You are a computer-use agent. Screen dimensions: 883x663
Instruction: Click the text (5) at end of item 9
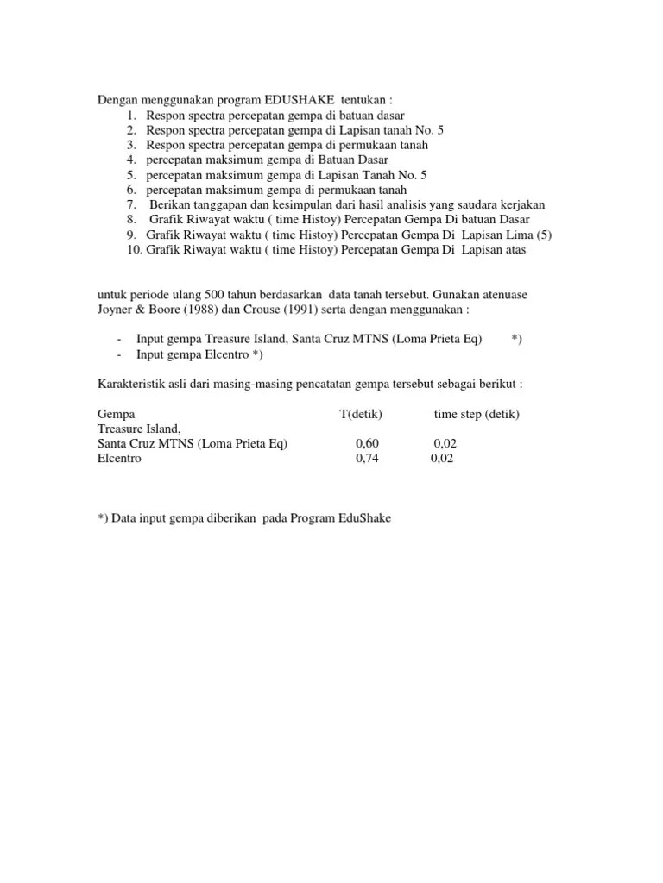pyautogui.click(x=544, y=235)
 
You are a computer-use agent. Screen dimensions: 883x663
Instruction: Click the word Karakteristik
pyautogui.click(x=132, y=384)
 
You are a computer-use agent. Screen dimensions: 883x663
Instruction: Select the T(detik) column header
pyautogui.click(x=361, y=414)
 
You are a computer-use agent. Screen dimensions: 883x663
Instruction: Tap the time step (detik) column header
pyautogui.click(x=477, y=414)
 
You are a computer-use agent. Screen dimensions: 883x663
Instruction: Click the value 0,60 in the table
pyautogui.click(x=367, y=443)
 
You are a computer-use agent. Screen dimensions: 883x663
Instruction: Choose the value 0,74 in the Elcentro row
pyautogui.click(x=367, y=459)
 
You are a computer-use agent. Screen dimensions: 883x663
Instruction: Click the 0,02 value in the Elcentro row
pyautogui.click(x=442, y=459)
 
